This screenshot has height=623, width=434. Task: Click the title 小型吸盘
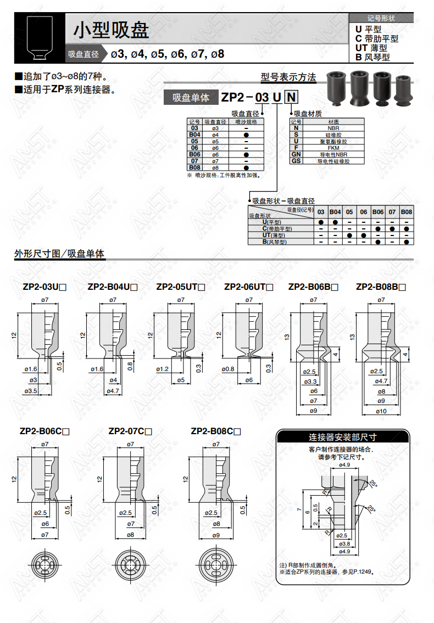(111, 30)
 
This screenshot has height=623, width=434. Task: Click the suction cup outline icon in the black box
(40, 38)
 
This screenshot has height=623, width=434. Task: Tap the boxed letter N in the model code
(291, 97)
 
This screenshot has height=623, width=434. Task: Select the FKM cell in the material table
(333, 148)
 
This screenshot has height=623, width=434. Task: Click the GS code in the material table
(296, 161)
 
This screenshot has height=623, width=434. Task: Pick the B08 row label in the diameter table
(194, 167)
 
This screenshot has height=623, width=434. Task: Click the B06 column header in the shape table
(378, 212)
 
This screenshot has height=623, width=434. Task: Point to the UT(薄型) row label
(274, 235)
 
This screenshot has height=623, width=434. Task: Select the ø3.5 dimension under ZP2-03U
(31, 391)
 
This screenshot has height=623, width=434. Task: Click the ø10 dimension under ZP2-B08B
(381, 411)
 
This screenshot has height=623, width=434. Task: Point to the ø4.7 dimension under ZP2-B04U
(113, 391)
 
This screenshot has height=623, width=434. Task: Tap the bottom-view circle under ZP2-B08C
(216, 565)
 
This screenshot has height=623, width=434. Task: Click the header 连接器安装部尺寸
(342, 437)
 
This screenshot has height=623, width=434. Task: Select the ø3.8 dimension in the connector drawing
(344, 544)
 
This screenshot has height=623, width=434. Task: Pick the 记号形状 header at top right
(381, 18)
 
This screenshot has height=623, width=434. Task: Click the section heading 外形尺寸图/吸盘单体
(59, 254)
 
